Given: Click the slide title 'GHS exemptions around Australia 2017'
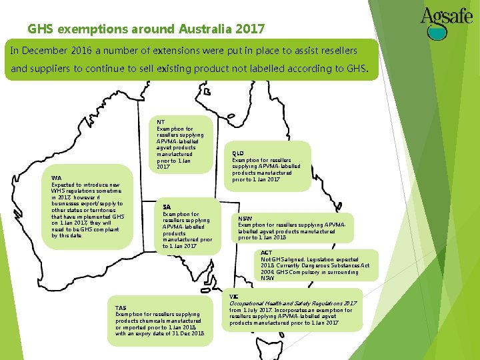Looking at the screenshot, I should tap(146, 29).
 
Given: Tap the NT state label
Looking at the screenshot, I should tap(161, 122).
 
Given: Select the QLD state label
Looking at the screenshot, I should tap(237, 153).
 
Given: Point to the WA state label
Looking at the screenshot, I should tap(56, 178).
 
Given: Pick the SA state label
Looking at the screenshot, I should tap(167, 207).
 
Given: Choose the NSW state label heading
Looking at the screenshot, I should tap(246, 217).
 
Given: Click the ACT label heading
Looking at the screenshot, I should tap(267, 253).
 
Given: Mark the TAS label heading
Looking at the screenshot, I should tap(121, 307).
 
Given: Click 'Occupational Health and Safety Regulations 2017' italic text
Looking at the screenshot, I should tap(293, 303).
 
